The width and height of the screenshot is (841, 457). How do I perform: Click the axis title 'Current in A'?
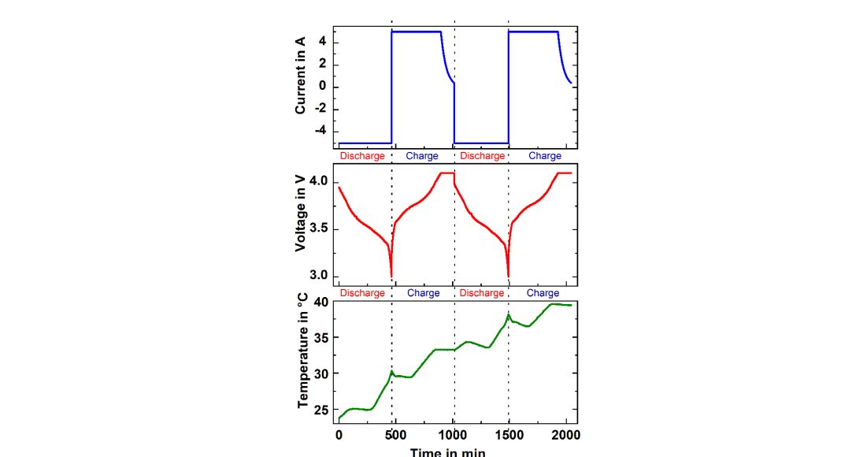300,76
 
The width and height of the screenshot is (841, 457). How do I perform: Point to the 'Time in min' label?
447,451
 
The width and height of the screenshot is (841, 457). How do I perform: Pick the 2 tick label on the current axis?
323,65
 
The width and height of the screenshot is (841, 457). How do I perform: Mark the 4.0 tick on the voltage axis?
316,182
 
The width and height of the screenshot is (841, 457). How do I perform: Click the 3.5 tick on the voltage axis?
316,229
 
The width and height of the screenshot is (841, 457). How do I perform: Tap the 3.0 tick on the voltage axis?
316,276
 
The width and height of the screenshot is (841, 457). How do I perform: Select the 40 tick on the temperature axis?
320,302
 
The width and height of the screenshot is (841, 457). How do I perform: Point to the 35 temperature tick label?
320,337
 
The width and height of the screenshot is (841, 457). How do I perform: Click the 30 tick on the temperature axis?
320,373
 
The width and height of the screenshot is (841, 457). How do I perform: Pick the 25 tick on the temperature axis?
320,410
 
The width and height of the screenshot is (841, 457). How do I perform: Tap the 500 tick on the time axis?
396,435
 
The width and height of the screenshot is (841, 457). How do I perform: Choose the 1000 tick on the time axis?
453,435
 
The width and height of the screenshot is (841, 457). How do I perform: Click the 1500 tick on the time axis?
509,435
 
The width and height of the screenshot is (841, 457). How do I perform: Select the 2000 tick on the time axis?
566,435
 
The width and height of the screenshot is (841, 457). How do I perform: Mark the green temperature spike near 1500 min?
509,314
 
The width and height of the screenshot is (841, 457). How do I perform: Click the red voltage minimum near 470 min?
391,277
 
